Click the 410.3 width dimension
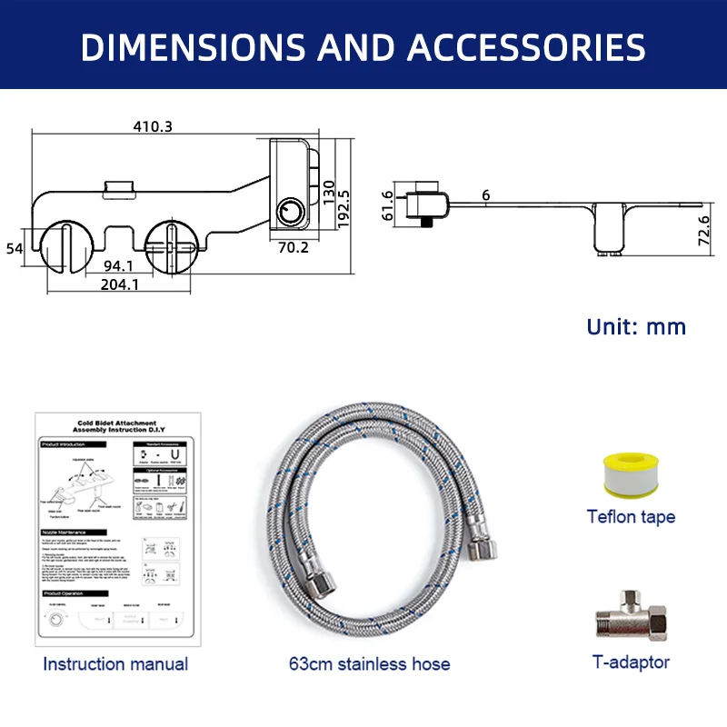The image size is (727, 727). point(154,126)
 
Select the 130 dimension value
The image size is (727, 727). point(328,193)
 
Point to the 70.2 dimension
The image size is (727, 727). point(292,245)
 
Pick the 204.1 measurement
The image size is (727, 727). point(118,284)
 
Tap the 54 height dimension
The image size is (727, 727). point(14,248)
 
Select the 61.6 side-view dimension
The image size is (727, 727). point(387,205)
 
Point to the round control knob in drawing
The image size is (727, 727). point(292,214)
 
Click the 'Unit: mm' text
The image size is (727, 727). point(636,326)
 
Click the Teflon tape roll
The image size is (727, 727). point(630,472)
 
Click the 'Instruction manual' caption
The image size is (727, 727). point(115,664)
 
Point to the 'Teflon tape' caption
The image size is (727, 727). point(631,517)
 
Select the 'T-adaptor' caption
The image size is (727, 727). point(631,662)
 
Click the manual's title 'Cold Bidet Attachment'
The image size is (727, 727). point(116,423)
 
